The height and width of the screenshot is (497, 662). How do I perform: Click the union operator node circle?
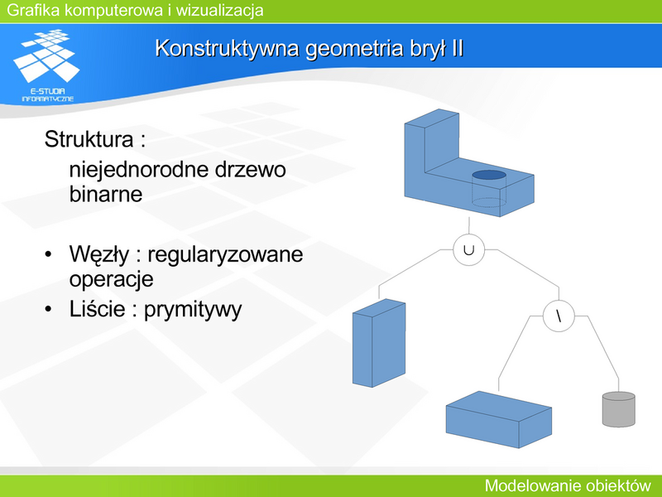[468, 234]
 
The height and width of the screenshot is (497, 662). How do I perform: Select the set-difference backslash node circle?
[559, 301]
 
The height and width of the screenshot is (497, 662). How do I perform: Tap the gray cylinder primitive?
[618, 409]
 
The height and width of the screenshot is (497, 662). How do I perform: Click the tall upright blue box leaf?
[379, 343]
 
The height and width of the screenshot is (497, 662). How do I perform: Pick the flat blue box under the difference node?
[499, 419]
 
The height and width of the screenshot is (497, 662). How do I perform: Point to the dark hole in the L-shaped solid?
[489, 175]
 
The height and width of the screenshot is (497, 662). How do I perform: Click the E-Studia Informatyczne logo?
[47, 65]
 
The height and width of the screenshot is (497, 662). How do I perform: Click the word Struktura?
[89, 139]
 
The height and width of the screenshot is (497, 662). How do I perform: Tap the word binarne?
[106, 195]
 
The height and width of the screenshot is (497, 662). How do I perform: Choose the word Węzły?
[99, 255]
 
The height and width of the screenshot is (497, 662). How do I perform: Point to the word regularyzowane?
[225, 255]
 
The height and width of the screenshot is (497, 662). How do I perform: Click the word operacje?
[111, 280]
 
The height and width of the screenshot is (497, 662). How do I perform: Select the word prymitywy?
[193, 310]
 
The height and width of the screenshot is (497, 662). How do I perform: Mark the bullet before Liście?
[48, 309]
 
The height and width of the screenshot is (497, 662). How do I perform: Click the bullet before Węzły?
[48, 254]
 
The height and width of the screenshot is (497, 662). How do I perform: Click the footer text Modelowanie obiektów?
[568, 485]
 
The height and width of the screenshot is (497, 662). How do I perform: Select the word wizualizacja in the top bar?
[219, 10]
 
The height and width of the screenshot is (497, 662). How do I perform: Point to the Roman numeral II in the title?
[458, 48]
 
